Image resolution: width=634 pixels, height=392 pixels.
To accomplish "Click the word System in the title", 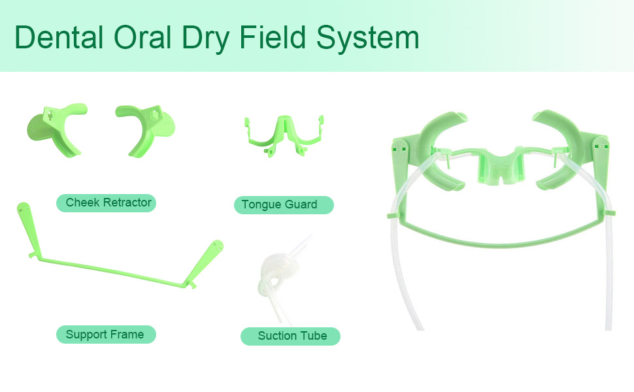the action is [367, 38].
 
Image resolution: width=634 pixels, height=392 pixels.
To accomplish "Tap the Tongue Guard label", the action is [279, 204].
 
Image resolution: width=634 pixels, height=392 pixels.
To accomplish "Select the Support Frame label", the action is [105, 335].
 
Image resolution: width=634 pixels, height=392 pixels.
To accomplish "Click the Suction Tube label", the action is [292, 336].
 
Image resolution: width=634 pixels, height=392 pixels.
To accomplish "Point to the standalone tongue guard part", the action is [283, 134].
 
